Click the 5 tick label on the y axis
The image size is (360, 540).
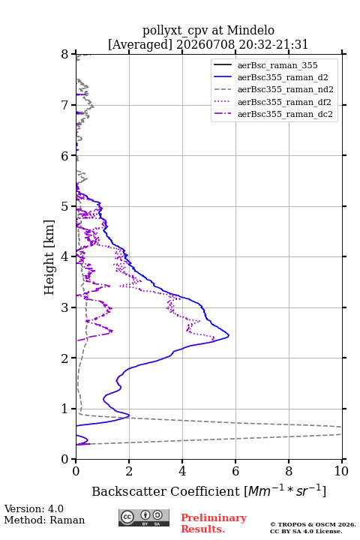(65, 206)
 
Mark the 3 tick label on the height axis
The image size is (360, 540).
(65, 307)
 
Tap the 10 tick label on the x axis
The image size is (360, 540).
(341, 471)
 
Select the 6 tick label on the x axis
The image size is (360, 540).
(235, 471)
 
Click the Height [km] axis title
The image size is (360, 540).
(49, 257)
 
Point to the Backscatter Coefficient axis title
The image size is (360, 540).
(209, 490)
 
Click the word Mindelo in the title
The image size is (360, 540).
(250, 30)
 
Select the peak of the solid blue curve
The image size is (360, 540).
(229, 335)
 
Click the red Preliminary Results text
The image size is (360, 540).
(214, 523)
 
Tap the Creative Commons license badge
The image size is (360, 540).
(144, 517)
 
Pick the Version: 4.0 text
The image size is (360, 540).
(34, 508)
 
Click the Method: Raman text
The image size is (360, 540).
(44, 520)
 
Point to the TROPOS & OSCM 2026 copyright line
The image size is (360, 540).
(313, 524)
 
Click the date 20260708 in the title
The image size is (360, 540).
(205, 44)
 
